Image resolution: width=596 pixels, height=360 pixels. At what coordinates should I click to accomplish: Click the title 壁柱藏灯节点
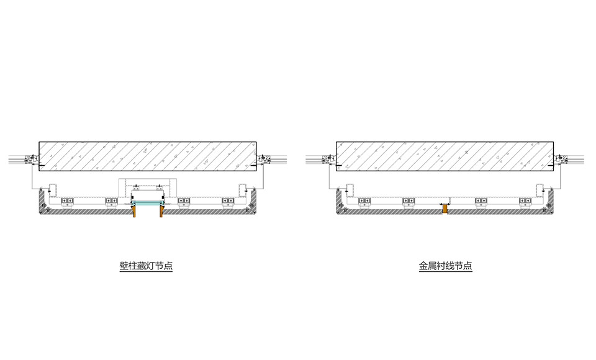146,266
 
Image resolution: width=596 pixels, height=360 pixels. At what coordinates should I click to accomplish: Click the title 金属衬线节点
446,266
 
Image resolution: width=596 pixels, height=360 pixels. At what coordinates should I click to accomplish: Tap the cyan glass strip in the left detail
148,204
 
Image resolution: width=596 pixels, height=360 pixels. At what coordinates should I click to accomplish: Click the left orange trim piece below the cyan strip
133,211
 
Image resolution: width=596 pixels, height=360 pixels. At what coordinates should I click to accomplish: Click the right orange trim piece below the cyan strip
161,211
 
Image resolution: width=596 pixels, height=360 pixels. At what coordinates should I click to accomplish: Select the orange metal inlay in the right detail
445,209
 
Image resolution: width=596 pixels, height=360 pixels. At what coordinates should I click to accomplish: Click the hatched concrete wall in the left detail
148,156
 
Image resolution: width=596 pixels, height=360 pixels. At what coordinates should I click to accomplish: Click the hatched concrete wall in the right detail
445,156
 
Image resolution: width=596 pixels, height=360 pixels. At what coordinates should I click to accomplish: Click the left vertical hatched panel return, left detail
42,200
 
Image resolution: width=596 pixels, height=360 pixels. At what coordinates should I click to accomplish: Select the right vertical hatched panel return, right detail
551,200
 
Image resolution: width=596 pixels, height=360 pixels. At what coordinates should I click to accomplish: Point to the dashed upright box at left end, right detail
350,191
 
